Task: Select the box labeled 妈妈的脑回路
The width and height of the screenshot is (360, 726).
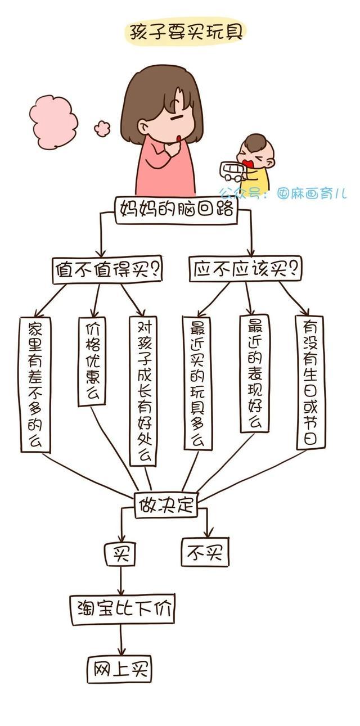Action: (176, 209)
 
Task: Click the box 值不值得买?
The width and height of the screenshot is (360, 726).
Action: (107, 269)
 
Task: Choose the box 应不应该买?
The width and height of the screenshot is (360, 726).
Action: (244, 269)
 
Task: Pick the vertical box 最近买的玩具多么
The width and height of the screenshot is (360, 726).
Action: (197, 383)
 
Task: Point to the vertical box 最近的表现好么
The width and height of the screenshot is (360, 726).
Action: (254, 373)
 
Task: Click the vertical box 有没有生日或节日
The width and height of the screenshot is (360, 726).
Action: (310, 382)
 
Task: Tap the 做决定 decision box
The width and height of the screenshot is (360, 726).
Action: (166, 504)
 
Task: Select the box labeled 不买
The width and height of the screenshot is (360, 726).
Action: (205, 552)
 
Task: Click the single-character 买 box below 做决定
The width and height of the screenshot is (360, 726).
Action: (120, 553)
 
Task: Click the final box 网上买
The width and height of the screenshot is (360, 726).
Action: (119, 669)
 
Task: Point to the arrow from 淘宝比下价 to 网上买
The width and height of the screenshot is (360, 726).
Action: (120, 639)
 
